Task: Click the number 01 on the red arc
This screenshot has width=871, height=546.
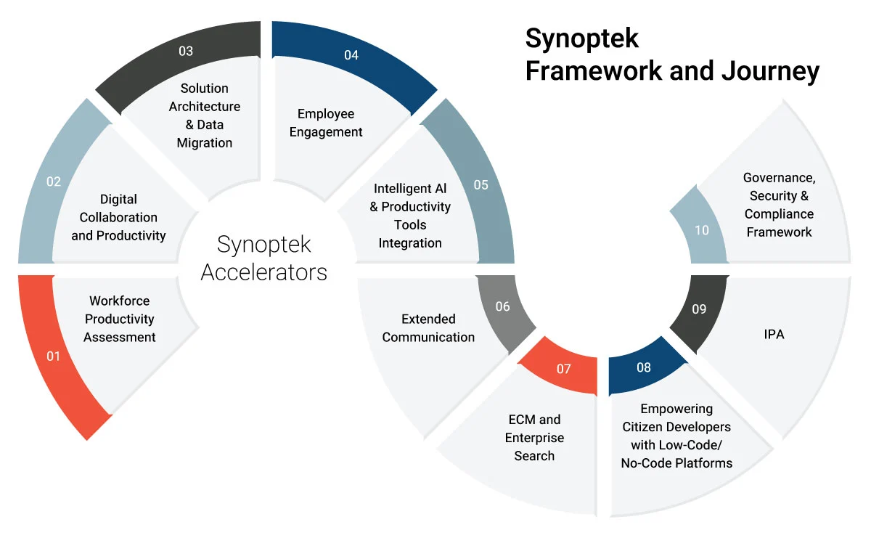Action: tap(54, 356)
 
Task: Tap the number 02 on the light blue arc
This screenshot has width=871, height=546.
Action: tap(54, 182)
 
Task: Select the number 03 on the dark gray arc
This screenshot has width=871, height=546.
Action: tap(186, 51)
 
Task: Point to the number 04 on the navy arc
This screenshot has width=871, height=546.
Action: tap(351, 55)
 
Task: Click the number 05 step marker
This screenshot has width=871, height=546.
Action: tap(481, 184)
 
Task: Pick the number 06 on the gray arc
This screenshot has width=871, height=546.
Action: tap(502, 306)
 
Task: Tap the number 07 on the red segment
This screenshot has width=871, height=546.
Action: tap(564, 369)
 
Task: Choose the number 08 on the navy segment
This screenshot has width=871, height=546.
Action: tap(644, 367)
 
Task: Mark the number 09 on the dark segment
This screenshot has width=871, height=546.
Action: tap(699, 309)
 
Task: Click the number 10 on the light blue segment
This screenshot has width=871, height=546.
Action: tap(701, 230)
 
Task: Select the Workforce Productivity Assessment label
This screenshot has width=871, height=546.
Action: tap(120, 319)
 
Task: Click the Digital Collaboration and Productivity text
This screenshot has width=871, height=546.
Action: tap(118, 217)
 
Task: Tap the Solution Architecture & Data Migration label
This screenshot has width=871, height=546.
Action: tap(205, 115)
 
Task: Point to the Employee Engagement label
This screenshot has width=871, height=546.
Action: tap(326, 123)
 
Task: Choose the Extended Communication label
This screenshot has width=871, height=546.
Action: tap(428, 328)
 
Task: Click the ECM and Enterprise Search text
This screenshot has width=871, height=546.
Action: tap(534, 438)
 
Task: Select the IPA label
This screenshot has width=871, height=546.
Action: tap(774, 335)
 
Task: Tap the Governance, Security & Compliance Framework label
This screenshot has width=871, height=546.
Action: tap(779, 205)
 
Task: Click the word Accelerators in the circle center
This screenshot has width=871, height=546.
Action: tap(264, 272)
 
